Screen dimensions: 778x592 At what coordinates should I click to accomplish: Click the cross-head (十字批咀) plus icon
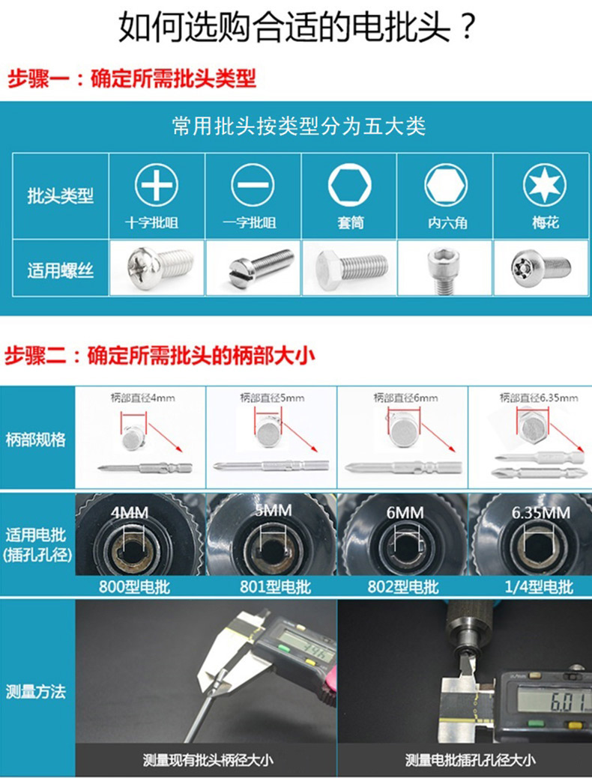tap(156, 185)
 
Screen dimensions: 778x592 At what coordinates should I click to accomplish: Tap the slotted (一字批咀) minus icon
tap(253, 185)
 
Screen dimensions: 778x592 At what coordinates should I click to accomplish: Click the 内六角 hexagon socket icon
tap(446, 185)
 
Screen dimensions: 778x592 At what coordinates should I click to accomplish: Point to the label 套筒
tap(349, 223)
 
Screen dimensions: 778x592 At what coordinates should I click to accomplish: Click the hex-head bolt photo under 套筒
tap(350, 266)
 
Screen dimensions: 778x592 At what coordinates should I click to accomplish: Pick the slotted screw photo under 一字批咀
tap(253, 266)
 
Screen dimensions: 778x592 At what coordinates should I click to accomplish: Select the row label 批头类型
tap(60, 197)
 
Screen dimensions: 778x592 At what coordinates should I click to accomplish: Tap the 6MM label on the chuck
tap(405, 513)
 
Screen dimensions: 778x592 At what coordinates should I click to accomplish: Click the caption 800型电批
tap(135, 586)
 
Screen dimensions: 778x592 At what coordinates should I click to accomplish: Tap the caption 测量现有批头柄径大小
tap(208, 760)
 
